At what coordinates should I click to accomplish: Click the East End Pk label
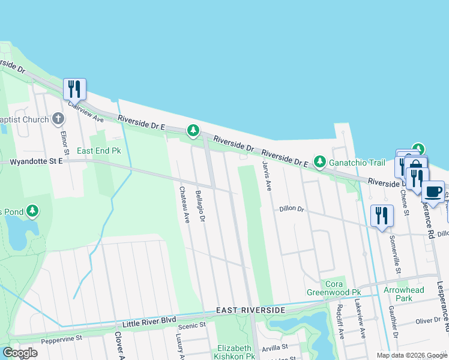pyautogui.click(x=98, y=150)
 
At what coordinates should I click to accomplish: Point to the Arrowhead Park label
pyautogui.click(x=404, y=294)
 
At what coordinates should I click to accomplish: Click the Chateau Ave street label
pyautogui.click(x=184, y=205)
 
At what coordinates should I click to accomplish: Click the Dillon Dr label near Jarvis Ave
pyautogui.click(x=292, y=209)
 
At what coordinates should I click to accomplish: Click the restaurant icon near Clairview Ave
pyautogui.click(x=74, y=89)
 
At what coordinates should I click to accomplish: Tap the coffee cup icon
pyautogui.click(x=433, y=192)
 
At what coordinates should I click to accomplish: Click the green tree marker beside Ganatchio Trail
pyautogui.click(x=320, y=161)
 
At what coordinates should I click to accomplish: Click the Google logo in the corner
pyautogui.click(x=20, y=353)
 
